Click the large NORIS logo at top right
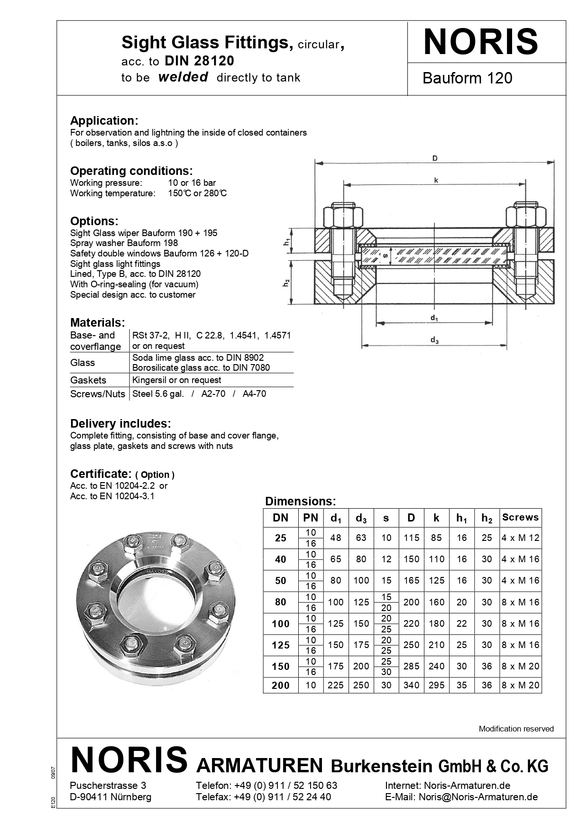pyautogui.click(x=480, y=42)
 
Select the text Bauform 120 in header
pyautogui.click(x=467, y=78)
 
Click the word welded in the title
pyautogui.click(x=183, y=77)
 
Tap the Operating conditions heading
pyautogui.click(x=131, y=171)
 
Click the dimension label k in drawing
pyautogui.click(x=436, y=180)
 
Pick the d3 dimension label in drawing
pyautogui.click(x=434, y=340)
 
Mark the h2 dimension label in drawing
pyautogui.click(x=286, y=283)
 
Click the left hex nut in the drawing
pyautogui.click(x=343, y=217)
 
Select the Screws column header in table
pyautogui.click(x=520, y=517)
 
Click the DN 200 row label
pyautogui.click(x=280, y=685)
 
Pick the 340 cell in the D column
pyautogui.click(x=411, y=685)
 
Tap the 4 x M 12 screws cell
pyautogui.click(x=520, y=538)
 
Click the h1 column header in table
pyautogui.click(x=461, y=518)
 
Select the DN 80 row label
pyautogui.click(x=280, y=602)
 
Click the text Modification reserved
pyautogui.click(x=516, y=729)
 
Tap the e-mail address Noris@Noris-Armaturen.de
pyautogui.click(x=478, y=797)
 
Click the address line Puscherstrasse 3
pyautogui.click(x=108, y=786)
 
